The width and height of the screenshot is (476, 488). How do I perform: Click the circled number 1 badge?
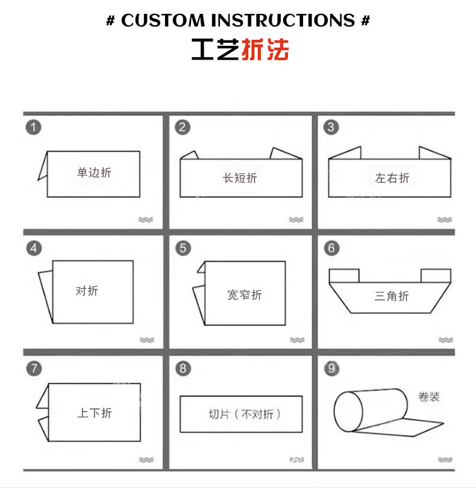(x=34, y=127)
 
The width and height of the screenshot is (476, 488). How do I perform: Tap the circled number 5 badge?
(x=183, y=248)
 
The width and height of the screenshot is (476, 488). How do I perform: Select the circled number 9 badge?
(x=331, y=368)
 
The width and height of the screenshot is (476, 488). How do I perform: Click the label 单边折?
(x=94, y=174)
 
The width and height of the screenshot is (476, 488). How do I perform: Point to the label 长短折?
(x=240, y=178)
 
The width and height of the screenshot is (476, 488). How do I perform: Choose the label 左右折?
(x=392, y=178)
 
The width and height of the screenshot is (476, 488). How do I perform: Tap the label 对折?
(x=87, y=291)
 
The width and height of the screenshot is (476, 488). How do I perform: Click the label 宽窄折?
(x=245, y=295)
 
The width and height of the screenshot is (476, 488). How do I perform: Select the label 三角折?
(x=392, y=296)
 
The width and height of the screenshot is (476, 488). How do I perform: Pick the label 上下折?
(x=95, y=413)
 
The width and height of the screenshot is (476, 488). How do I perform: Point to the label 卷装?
(x=428, y=397)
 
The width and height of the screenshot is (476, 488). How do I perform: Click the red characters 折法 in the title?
(x=265, y=51)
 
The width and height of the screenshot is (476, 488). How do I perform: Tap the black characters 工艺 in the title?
(x=216, y=51)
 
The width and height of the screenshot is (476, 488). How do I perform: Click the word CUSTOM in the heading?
(x=163, y=20)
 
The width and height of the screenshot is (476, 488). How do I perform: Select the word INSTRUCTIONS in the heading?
(x=283, y=20)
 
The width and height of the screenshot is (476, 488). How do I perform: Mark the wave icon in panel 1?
(x=146, y=220)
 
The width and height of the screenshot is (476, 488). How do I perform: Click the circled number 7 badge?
(x=34, y=368)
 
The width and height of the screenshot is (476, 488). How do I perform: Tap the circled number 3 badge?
(x=331, y=127)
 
